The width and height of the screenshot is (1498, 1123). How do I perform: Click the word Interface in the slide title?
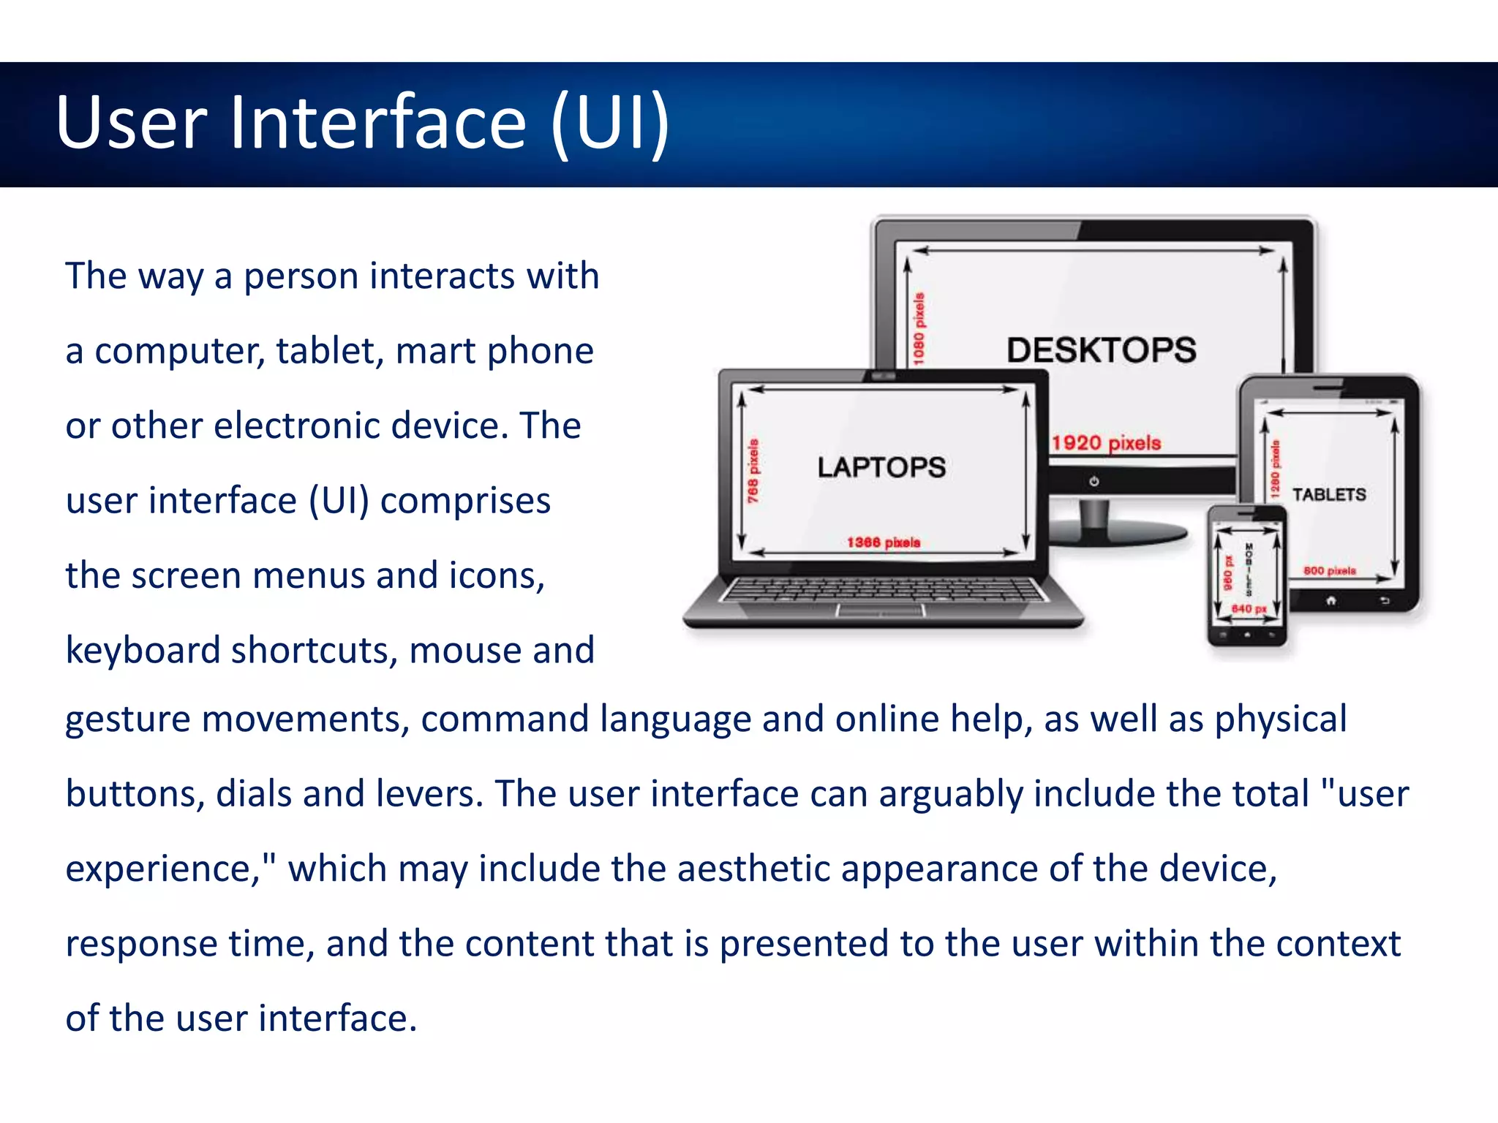378,122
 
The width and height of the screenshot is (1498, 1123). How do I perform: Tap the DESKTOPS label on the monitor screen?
1102,350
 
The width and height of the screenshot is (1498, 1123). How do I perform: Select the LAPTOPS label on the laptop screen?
881,467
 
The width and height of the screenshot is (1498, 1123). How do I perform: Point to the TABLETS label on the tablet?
1329,495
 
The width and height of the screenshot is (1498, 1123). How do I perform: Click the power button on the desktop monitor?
1094,482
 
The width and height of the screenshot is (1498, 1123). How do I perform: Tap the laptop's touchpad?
881,610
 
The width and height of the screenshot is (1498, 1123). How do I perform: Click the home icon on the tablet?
1331,600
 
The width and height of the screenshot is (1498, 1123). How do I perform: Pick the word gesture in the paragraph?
128,719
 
